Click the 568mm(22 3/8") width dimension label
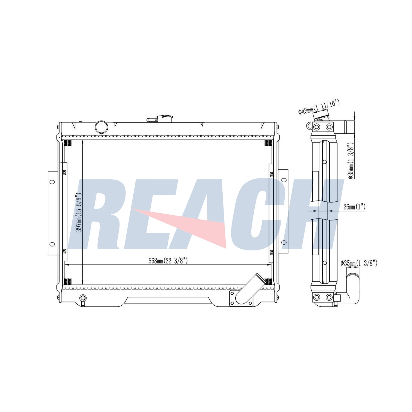168,261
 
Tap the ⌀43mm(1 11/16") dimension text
319,107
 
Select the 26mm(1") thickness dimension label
354,207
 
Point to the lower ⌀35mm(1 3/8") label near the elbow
359,263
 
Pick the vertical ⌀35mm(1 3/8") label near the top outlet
351,161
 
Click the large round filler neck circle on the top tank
101,127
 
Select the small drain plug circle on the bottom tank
83,298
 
